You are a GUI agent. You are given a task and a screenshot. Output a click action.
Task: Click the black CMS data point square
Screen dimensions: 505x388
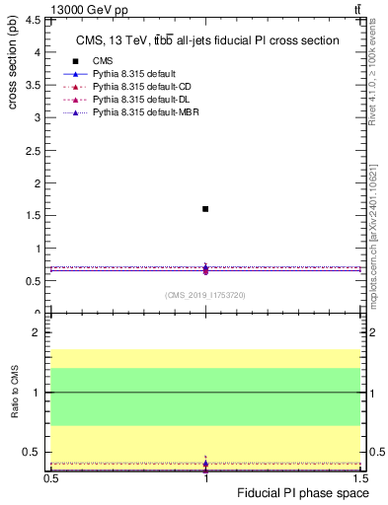point(205,209)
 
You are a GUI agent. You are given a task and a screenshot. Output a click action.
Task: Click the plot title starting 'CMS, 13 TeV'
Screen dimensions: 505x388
point(207,40)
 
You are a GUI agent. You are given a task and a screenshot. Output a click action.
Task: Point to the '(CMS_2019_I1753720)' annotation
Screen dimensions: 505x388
point(205,295)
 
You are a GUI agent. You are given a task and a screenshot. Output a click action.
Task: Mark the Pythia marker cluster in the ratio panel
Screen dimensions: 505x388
point(205,463)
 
